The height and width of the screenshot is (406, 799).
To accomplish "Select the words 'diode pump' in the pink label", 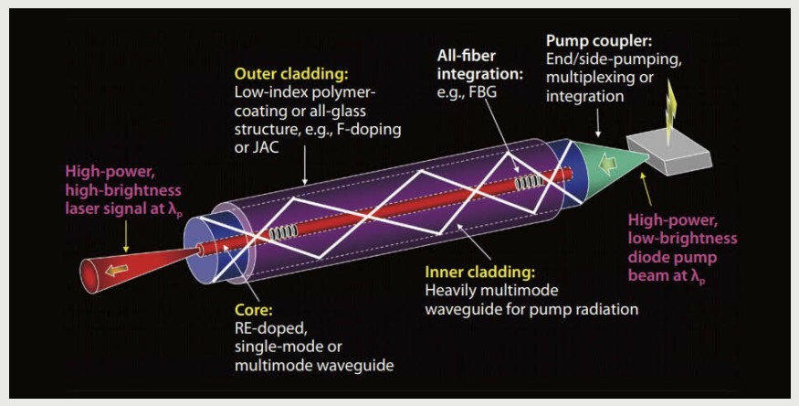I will click(x=676, y=256).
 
